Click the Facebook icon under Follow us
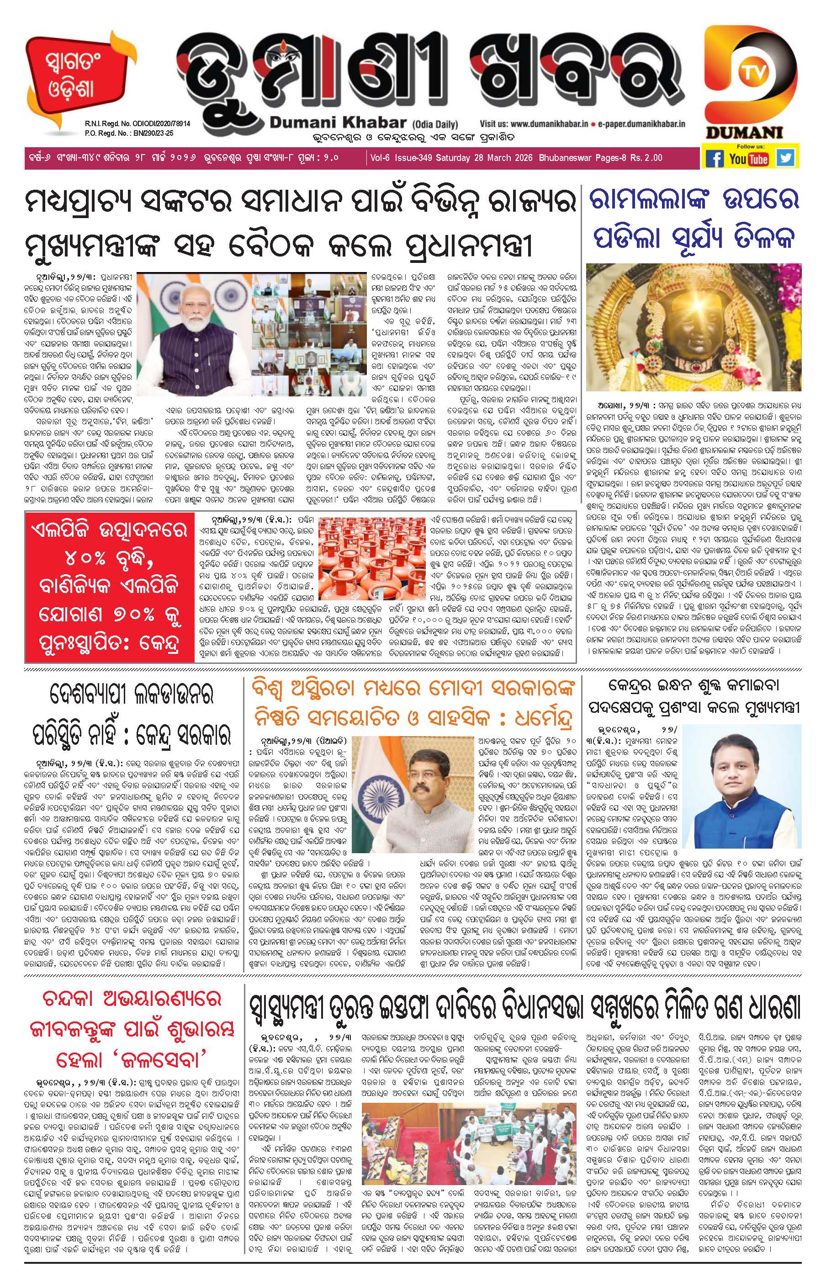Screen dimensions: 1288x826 point(715,158)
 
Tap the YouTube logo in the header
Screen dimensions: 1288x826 point(749,158)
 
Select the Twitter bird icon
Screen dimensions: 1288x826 point(786,158)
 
